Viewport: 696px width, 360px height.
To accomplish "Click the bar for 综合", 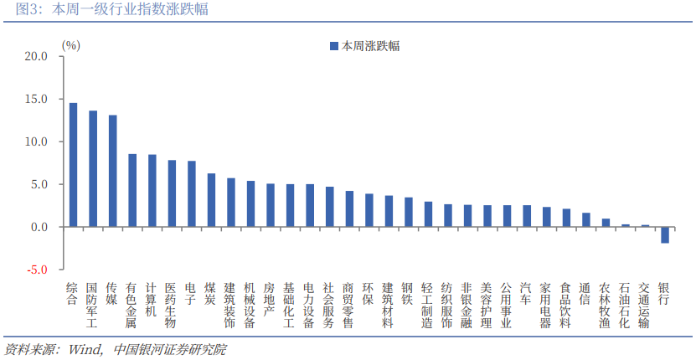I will coord(73,165).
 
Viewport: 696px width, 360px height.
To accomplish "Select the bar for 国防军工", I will coord(93,169).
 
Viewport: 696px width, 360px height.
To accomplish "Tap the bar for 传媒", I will coord(112,171).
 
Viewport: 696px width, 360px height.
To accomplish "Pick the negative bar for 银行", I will coord(665,234).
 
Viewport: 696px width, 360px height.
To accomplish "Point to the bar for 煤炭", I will coord(211,200).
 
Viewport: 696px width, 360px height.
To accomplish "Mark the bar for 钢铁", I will coord(408,213).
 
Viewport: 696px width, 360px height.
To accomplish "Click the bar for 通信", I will coord(585,220).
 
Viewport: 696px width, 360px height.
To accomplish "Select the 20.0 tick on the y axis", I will coord(37,57).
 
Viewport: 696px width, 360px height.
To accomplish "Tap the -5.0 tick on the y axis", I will coord(37,270).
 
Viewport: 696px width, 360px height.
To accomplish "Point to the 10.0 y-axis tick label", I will coord(37,142).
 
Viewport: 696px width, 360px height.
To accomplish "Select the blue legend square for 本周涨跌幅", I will coord(334,46).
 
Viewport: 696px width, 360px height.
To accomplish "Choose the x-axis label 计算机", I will coord(152,299).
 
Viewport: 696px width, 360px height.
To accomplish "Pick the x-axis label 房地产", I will coord(270,299).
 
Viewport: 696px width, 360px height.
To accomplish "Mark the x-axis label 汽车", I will coord(526,293).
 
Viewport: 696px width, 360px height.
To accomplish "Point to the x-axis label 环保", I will coord(369,293).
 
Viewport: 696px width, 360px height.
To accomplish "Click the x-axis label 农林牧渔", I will coord(605,305).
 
